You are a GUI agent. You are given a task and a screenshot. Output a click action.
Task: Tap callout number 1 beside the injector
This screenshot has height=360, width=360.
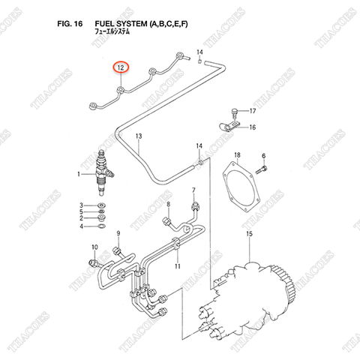pos(78,175)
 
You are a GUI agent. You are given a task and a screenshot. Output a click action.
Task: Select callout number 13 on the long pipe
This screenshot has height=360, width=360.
pos(138,136)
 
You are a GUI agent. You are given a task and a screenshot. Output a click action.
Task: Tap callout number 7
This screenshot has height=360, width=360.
pos(193,190)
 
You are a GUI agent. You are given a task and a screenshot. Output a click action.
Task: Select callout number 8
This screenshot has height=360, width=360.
pos(169,204)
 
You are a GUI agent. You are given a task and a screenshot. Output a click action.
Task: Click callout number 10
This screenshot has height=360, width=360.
pos(94,247)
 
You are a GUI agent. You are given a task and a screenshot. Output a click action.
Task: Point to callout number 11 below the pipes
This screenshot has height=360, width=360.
pos(178,267)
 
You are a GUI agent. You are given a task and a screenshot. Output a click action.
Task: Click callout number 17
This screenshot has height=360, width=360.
pos(252,111)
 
